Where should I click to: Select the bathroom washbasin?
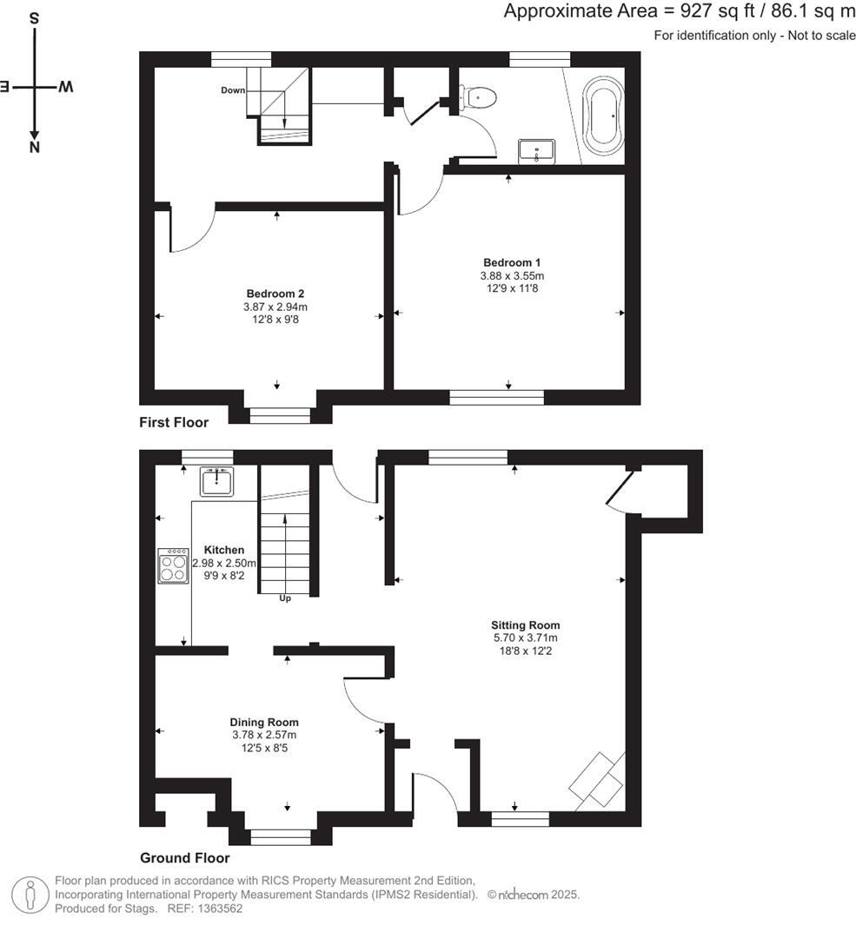click(x=536, y=151)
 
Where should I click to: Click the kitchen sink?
click(x=216, y=480)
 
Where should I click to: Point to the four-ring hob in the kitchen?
click(x=173, y=567)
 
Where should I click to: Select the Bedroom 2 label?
click(x=275, y=294)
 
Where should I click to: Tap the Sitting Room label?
click(x=525, y=625)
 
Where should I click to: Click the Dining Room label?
click(x=264, y=723)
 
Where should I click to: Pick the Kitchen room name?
click(x=224, y=550)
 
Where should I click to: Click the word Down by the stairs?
click(x=232, y=89)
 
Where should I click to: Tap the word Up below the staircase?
click(x=284, y=598)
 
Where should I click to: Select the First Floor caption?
click(x=174, y=423)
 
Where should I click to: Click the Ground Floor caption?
click(x=185, y=858)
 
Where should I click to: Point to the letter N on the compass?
click(x=35, y=148)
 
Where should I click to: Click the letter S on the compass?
click(x=34, y=17)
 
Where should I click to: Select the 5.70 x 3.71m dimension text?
click(x=525, y=637)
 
